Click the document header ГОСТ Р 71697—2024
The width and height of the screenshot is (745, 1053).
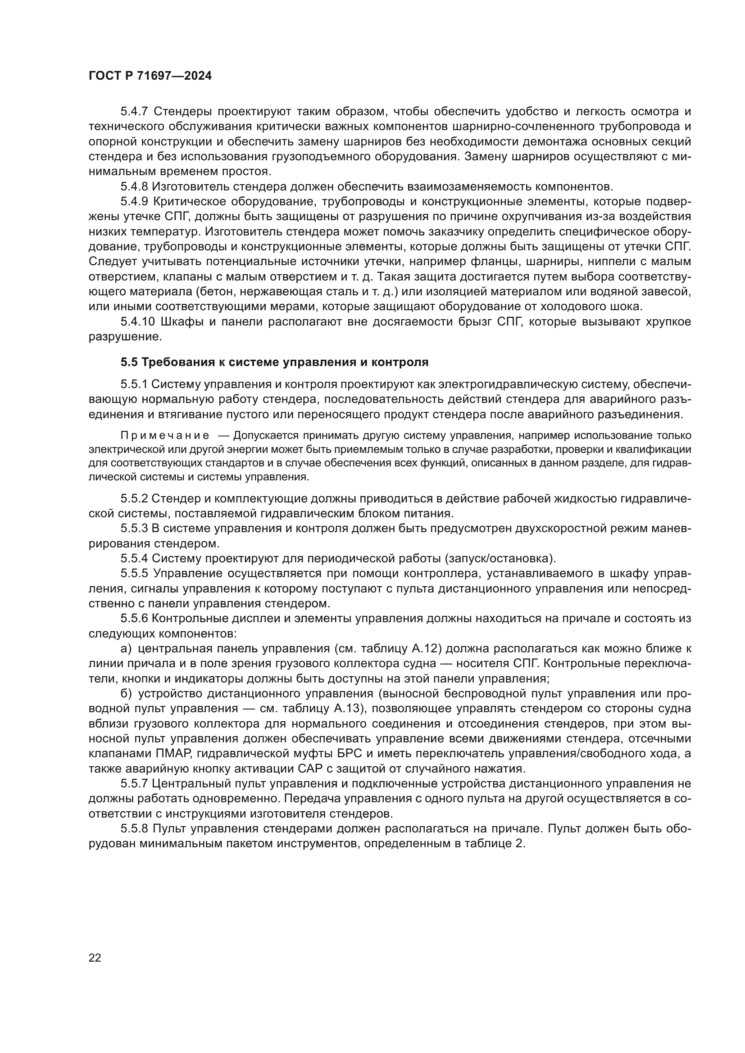(150, 76)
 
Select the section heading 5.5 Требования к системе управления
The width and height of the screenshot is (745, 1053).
(274, 362)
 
